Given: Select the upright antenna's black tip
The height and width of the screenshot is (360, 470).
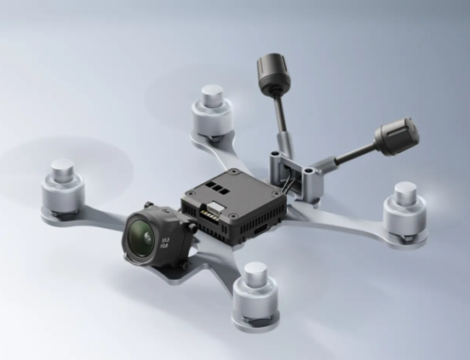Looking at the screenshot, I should [x=272, y=72].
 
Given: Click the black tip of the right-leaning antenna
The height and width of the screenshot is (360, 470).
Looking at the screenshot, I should [x=397, y=136].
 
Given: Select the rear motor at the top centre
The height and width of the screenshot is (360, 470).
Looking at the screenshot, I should [x=211, y=113].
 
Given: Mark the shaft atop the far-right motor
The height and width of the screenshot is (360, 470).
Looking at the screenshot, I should [x=405, y=194].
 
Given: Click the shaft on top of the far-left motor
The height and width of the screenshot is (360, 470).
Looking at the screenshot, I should [x=62, y=171].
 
